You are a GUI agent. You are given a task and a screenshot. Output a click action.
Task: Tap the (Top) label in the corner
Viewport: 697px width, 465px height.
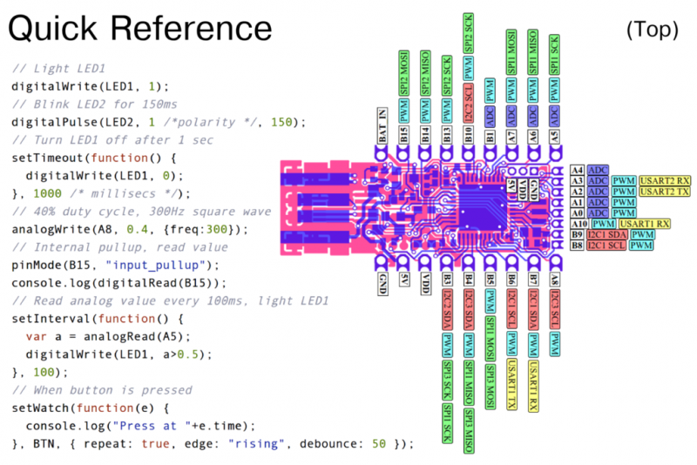point(652,29)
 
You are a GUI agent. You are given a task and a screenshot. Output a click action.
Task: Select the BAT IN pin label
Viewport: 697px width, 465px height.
point(382,124)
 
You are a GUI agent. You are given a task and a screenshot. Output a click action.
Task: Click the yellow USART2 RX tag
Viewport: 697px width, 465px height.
point(666,180)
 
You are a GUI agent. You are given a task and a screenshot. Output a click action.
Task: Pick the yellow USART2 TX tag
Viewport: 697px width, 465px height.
point(666,191)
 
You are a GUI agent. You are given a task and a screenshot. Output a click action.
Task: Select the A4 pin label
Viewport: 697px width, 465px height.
point(577,170)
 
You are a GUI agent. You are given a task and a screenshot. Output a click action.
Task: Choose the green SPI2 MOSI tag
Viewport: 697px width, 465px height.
point(403,73)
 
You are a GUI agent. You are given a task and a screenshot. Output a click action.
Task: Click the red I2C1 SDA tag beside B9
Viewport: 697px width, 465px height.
point(607,235)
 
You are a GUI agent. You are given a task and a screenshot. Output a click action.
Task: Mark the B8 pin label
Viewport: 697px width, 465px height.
point(577,246)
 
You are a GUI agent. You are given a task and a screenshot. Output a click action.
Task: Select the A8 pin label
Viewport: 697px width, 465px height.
point(555,280)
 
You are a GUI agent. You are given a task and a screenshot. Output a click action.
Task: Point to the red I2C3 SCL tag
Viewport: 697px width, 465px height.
point(555,314)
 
